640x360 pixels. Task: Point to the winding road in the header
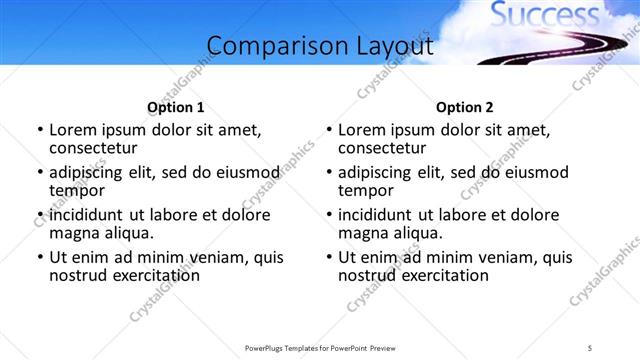[560, 47]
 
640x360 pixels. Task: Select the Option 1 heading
[175, 107]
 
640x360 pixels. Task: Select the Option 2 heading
[465, 107]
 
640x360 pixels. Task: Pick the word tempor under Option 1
[76, 190]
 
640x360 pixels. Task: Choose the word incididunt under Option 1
[87, 215]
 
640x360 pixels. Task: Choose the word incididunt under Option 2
[376, 215]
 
